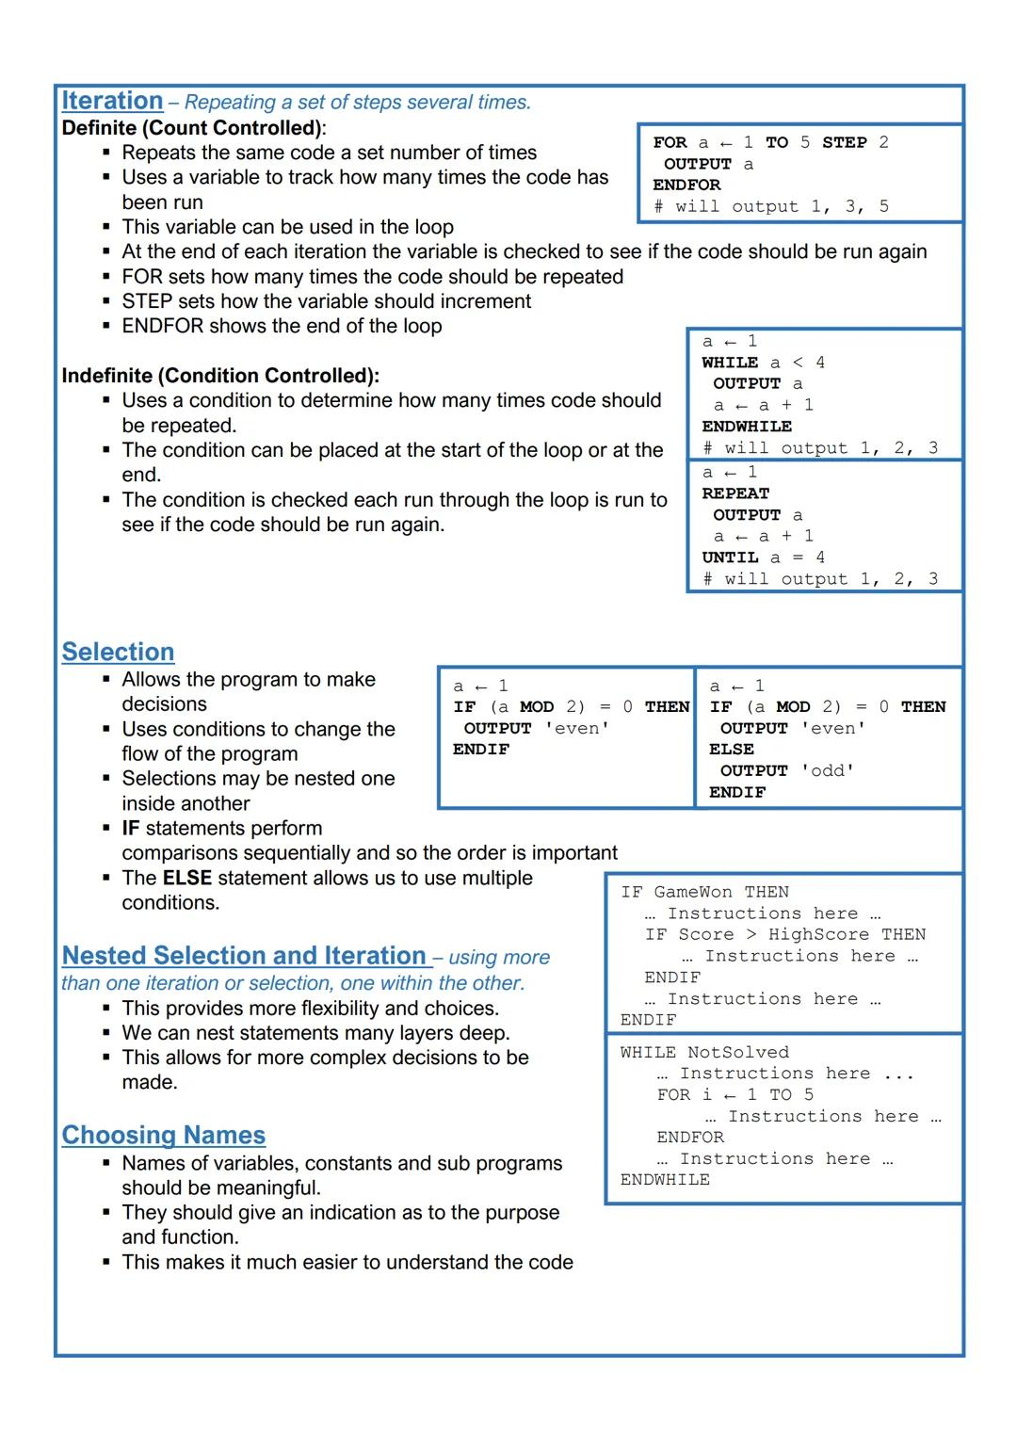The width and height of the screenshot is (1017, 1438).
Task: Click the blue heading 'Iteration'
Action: (x=112, y=101)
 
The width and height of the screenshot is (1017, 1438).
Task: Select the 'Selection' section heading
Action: (x=118, y=652)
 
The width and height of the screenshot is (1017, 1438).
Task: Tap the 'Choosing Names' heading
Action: (x=163, y=1135)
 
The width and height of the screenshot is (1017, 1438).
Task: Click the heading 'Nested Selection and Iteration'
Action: (x=244, y=956)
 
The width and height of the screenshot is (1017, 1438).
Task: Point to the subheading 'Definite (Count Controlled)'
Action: (x=192, y=128)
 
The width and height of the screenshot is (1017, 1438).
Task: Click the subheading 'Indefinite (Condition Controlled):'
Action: (x=220, y=376)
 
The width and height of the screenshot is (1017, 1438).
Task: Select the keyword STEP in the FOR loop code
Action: (x=844, y=142)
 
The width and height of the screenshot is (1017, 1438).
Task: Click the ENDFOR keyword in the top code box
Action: (x=686, y=185)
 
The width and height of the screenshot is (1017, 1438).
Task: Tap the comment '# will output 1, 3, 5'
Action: (x=770, y=206)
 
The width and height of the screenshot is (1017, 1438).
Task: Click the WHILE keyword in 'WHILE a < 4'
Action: (x=730, y=363)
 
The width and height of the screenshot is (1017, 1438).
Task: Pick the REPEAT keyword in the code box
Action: (x=735, y=493)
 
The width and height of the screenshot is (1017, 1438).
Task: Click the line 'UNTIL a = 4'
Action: (x=763, y=557)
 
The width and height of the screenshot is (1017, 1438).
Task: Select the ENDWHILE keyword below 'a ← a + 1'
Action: (x=747, y=427)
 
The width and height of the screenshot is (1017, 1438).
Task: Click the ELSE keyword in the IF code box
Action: (x=732, y=750)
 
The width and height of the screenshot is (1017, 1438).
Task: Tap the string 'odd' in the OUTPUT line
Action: (x=828, y=770)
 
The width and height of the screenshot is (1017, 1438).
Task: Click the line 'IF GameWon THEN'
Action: (x=704, y=892)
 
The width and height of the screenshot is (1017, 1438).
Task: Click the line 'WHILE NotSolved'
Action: (x=704, y=1052)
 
